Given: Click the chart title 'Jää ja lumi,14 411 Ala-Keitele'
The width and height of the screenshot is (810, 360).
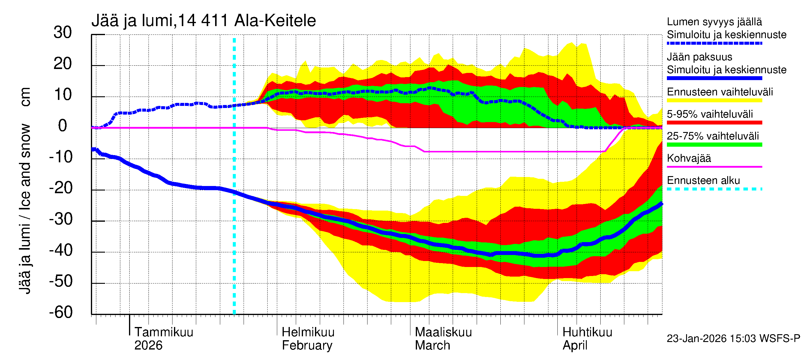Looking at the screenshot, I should [203, 21].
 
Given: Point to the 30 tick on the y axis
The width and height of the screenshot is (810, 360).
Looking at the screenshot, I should [63, 33].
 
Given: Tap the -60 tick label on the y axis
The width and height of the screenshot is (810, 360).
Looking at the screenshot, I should [61, 312].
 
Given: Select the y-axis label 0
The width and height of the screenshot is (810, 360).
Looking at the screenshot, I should [63, 126].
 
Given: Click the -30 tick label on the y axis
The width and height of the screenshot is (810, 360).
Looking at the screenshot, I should [61, 219].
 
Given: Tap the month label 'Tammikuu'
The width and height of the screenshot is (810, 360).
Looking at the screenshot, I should [164, 332].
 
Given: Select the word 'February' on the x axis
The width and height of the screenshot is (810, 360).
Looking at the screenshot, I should [307, 346].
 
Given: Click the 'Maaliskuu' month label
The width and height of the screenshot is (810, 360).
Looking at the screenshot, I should [443, 332].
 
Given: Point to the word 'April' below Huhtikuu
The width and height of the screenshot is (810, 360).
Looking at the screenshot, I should [574, 346].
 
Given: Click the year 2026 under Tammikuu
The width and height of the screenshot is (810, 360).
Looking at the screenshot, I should [148, 346].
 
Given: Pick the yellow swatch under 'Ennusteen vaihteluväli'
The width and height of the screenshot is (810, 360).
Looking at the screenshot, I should [714, 100].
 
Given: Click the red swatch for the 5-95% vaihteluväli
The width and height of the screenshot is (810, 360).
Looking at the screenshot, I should [714, 123].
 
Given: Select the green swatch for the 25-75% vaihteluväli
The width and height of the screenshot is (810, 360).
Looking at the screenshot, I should [714, 145].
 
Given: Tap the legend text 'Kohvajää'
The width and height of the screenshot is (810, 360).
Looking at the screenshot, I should [688, 158].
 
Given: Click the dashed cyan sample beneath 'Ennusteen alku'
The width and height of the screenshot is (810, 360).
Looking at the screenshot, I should [714, 189].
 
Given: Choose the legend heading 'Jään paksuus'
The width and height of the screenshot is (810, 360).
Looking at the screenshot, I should [699, 57].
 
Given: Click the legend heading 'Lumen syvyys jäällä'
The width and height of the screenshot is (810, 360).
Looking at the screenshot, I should [714, 22].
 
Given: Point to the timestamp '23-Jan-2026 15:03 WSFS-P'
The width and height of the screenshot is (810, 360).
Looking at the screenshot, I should [733, 339].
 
